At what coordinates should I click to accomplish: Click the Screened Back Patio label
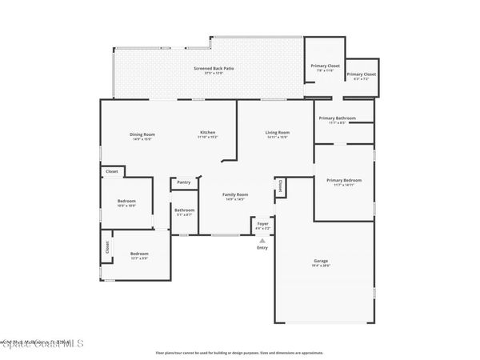tap(214, 69)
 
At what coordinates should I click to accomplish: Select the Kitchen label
tap(207, 133)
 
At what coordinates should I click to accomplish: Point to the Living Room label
tap(278, 133)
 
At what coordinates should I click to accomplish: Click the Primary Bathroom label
tap(337, 118)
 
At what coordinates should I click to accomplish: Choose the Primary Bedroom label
tap(344, 180)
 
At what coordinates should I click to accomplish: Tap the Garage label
tap(321, 262)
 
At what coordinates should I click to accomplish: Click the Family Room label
tap(235, 194)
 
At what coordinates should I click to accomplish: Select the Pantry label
tap(184, 182)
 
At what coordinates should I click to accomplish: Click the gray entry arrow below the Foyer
tap(262, 239)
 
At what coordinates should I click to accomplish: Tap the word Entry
tap(262, 248)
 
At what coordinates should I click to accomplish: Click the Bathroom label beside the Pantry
tap(185, 210)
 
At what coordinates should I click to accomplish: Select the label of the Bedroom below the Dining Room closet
tap(126, 201)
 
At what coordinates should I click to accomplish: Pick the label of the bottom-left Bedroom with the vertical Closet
tap(139, 254)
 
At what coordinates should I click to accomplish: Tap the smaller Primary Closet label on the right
tap(362, 74)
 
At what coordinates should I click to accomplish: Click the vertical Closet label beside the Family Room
tap(280, 186)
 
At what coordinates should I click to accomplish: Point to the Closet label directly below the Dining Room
tap(112, 171)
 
